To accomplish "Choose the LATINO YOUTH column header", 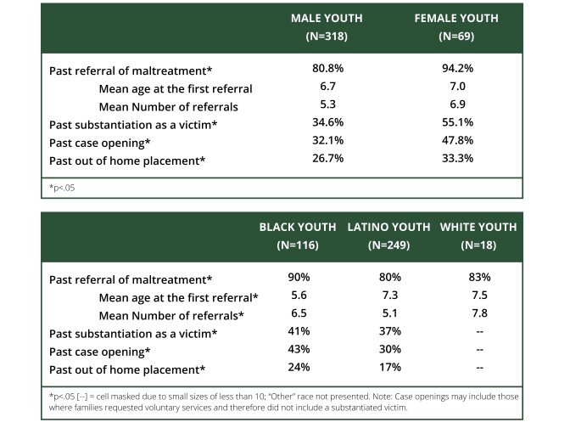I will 388,228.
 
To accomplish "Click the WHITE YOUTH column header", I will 478,228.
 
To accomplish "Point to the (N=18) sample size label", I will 478,245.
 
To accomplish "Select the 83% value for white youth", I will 478,279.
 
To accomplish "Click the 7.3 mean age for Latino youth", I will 388,296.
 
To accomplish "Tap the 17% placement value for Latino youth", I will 388,368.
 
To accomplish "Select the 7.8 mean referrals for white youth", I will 478,314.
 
